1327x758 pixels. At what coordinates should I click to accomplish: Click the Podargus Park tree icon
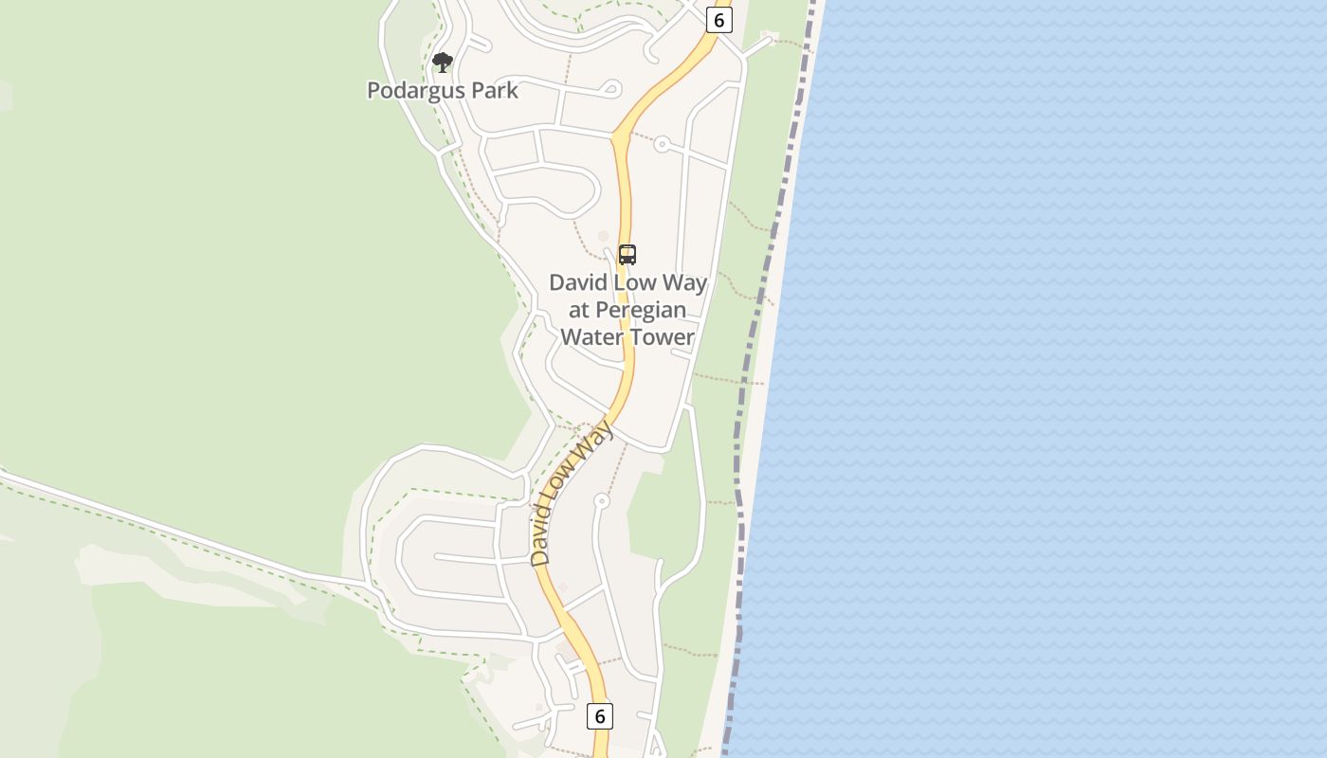pos(442,63)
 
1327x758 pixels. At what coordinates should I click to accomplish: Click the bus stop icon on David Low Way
pos(627,254)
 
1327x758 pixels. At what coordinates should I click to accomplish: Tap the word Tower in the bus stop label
pos(664,336)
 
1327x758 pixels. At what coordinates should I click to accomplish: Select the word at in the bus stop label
pos(579,310)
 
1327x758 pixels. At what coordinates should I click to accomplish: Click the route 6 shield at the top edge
pos(719,20)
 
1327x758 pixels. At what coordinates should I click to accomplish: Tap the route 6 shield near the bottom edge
pos(599,715)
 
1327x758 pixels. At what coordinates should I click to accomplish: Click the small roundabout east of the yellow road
pos(662,145)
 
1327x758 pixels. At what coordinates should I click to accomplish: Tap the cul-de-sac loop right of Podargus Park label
pos(610,89)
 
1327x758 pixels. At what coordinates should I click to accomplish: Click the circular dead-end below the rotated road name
pos(601,500)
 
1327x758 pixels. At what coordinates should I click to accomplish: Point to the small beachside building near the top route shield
pos(770,37)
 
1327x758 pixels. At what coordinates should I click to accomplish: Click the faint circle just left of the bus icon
pos(603,236)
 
